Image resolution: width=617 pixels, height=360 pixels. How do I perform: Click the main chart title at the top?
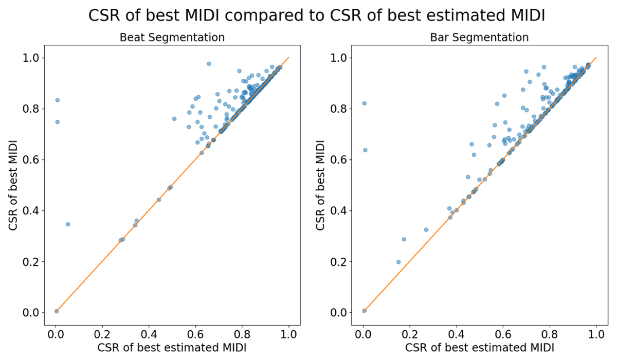pos(316,16)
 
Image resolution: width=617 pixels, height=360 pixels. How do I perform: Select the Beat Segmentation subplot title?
pos(172,38)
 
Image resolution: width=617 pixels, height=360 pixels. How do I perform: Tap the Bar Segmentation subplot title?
pos(480,38)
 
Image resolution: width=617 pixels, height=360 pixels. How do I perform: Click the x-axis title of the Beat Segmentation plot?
pos(172,348)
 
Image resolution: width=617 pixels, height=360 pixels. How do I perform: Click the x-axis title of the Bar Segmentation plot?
pos(480,348)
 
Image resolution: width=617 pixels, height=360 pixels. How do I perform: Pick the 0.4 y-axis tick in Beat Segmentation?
pos(32,210)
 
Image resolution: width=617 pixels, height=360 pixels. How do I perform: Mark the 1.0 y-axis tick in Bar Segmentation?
pos(339,58)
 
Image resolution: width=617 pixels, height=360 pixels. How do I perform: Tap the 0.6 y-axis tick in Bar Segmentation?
pos(339,159)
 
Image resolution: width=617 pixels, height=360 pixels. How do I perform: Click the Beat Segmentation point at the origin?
pos(57,311)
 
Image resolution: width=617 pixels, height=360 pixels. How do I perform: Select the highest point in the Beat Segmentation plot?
pos(209,64)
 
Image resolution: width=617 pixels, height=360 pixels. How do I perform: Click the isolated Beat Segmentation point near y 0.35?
pos(68,224)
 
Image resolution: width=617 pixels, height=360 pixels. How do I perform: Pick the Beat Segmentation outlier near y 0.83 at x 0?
pos(57,100)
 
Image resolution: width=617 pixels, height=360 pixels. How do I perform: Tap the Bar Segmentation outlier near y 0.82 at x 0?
pos(365,103)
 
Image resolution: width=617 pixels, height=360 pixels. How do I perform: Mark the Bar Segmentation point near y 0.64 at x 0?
pos(365,150)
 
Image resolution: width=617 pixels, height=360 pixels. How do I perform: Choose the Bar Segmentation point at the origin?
pos(364,311)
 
